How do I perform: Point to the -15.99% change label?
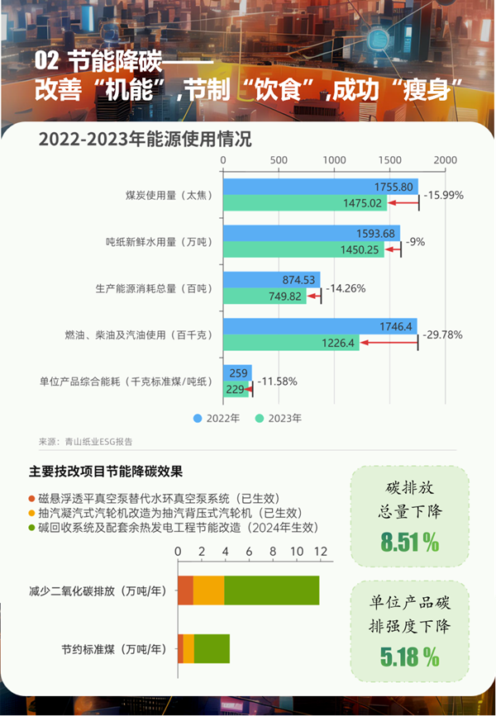click(443, 196)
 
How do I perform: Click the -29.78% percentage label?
click(442, 334)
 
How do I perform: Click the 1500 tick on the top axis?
click(389, 159)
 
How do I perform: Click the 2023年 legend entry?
click(279, 418)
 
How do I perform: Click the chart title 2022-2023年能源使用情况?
click(145, 138)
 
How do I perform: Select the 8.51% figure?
click(409, 542)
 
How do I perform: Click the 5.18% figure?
click(409, 657)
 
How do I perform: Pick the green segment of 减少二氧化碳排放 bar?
click(271, 590)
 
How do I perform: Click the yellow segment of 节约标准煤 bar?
click(188, 648)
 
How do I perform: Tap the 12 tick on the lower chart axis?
click(320, 551)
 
